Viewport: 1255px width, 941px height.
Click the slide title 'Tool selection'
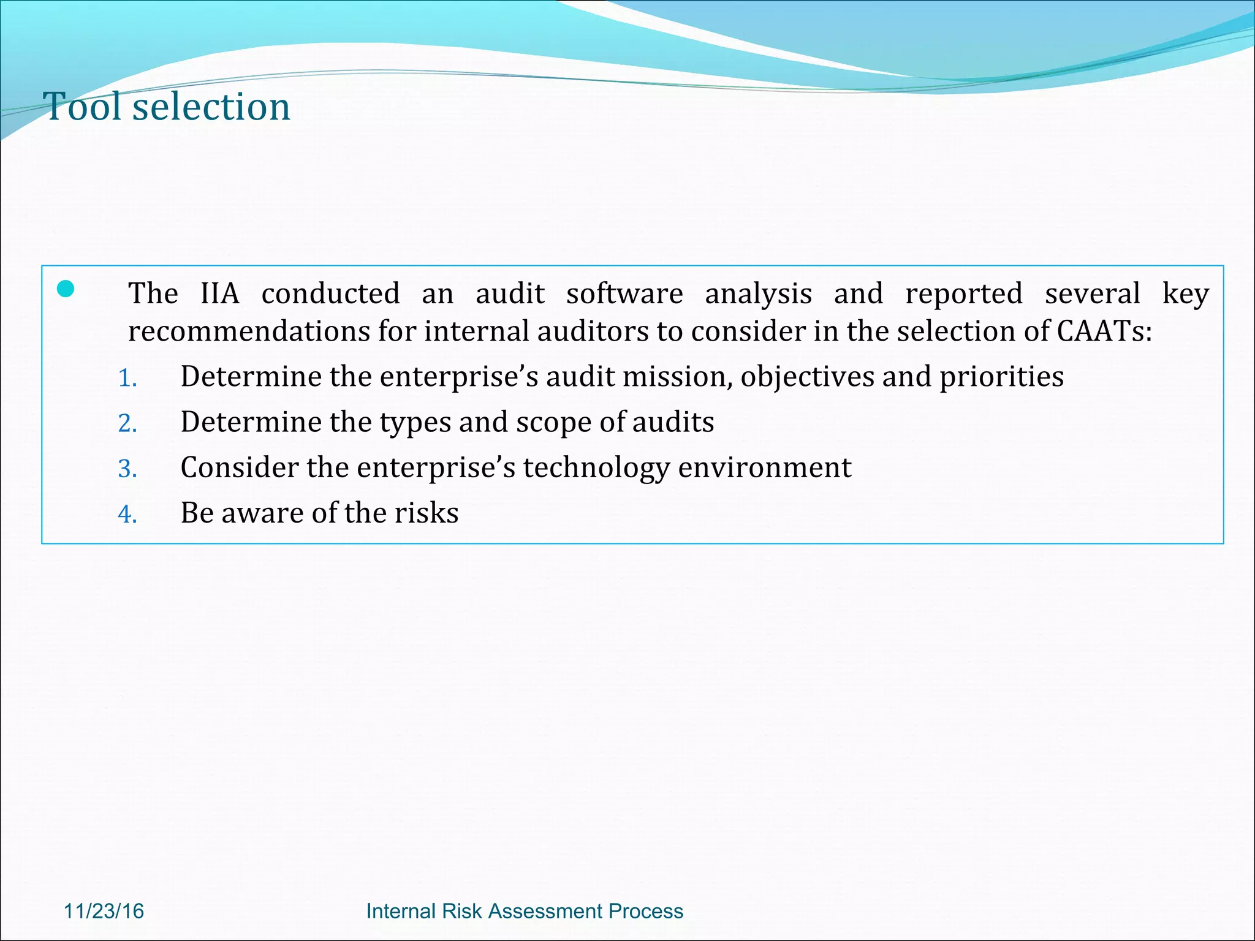tap(167, 107)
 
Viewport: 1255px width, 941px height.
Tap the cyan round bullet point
tap(66, 289)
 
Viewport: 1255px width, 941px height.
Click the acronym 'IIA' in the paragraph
tap(219, 293)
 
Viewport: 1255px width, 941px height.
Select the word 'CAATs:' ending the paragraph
tap(1104, 331)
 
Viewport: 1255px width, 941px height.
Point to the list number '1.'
tap(127, 378)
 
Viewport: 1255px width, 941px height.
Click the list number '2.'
tap(127, 423)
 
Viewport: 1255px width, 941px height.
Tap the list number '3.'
tap(127, 469)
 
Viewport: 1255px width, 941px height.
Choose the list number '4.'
tap(127, 514)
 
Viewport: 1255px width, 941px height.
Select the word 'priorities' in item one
tap(1001, 377)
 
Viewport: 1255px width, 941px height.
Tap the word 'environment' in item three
tap(765, 468)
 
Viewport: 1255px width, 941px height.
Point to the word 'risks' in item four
tap(427, 513)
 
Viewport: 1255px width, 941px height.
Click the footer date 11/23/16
tap(104, 911)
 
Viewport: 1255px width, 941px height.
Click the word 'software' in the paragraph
tap(624, 293)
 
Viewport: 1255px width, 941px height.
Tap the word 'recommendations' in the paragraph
tap(249, 331)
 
